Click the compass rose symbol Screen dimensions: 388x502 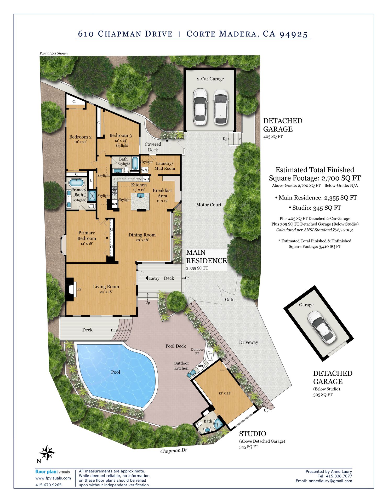[47, 453]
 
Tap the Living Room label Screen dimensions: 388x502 [106, 287]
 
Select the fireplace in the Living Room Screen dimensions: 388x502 [71, 289]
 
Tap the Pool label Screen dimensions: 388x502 [116, 372]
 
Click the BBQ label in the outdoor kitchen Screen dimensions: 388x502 [201, 366]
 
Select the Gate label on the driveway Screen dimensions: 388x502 [230, 300]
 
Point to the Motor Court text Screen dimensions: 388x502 [209, 205]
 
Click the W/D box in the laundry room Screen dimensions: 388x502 [145, 170]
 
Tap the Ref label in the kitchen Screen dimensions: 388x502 [115, 204]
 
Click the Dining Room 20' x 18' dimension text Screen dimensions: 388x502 [142, 240]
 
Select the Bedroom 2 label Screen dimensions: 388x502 [80, 137]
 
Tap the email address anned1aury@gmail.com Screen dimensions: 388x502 [330, 481]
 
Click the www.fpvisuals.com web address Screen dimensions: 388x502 [53, 478]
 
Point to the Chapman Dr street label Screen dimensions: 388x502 [174, 451]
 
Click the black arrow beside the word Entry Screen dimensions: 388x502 [147, 278]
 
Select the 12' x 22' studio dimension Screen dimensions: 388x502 [225, 393]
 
